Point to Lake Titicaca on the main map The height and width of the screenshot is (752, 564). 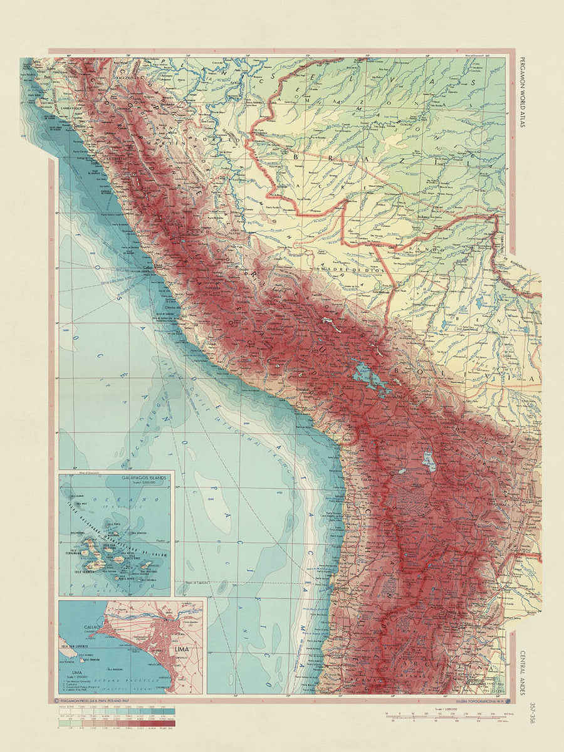367,376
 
